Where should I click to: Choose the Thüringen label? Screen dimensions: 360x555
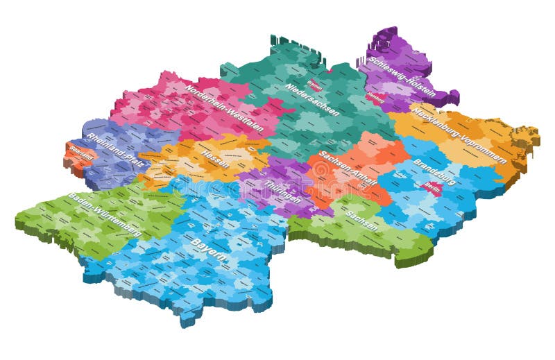coord(282,191)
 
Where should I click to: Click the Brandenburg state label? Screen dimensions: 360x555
coord(434,171)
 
